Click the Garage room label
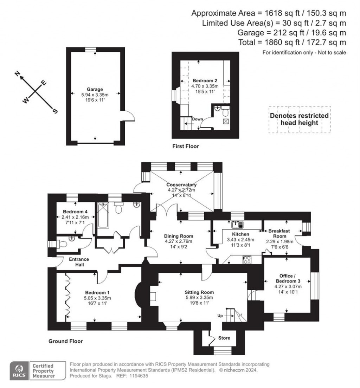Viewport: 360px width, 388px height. (x=95, y=89)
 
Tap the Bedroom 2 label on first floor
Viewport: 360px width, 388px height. (x=205, y=81)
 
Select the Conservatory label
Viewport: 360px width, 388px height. (x=181, y=185)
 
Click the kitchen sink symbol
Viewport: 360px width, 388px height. (x=237, y=225)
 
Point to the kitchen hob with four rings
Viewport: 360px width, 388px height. (x=246, y=260)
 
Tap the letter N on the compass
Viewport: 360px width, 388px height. (x=17, y=73)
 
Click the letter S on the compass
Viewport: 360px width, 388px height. (x=55, y=111)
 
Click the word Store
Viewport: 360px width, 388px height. (x=224, y=338)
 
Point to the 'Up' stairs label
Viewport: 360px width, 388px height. (x=220, y=316)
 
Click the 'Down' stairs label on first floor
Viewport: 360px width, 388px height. (x=197, y=119)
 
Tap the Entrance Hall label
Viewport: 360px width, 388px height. (x=79, y=262)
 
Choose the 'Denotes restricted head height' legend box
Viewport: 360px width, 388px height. (x=300, y=119)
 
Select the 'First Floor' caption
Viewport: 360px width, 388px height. (x=185, y=146)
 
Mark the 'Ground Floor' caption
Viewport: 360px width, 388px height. (x=65, y=341)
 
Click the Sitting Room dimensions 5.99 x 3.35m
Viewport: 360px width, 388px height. (x=199, y=298)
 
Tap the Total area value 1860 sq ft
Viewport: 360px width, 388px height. (x=283, y=42)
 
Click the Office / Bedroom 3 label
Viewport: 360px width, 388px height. (x=288, y=278)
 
